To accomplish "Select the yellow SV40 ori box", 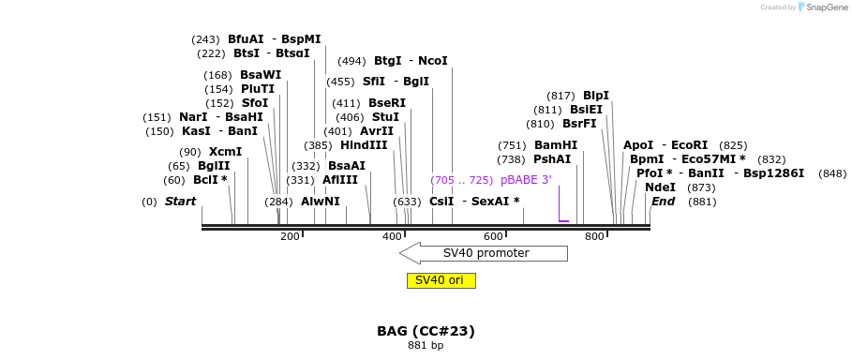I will click(441, 280).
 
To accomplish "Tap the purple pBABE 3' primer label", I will click(526, 179).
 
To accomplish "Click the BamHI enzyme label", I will click(556, 145).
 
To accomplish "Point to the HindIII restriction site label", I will click(363, 145).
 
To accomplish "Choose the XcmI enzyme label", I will click(225, 152).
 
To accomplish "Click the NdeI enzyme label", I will click(660, 187).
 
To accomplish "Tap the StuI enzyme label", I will click(385, 117).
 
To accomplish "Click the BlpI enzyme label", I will click(596, 96).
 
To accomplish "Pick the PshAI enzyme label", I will click(552, 159).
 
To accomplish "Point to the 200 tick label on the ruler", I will click(290, 237).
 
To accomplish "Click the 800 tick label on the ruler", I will click(594, 237).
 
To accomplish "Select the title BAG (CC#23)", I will click(426, 331).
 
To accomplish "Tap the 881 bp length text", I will click(426, 346).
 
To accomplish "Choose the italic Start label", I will click(180, 202).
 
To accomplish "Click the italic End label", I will click(663, 202).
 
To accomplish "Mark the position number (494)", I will click(351, 61).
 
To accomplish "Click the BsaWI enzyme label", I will click(261, 75).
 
